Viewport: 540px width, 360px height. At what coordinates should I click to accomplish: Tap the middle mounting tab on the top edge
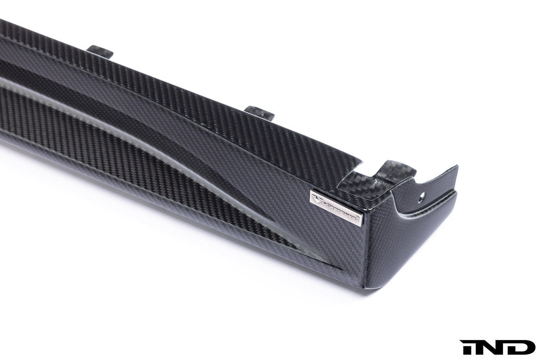(x=260, y=111)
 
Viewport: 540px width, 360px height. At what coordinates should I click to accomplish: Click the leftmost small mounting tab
(x=100, y=51)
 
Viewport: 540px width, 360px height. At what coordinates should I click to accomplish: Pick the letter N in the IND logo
(x=494, y=346)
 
